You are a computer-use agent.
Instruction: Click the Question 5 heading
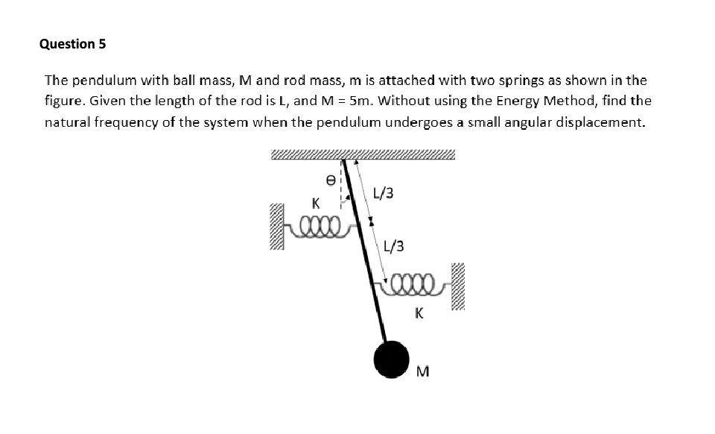click(72, 44)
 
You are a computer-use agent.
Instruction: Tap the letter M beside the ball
click(424, 371)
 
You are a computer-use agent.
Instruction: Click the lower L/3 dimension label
click(394, 246)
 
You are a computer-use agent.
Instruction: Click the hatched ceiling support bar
click(363, 155)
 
